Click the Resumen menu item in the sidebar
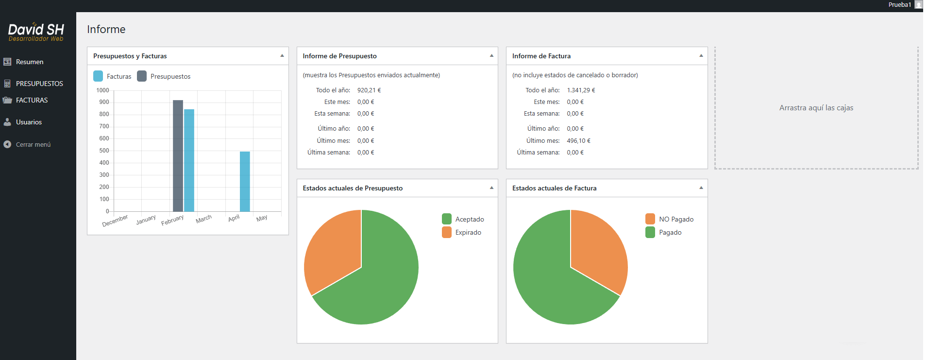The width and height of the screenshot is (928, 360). click(30, 62)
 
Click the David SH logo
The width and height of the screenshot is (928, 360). click(36, 32)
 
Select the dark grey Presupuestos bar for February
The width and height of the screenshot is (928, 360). click(178, 156)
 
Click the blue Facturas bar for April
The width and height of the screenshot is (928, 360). click(245, 182)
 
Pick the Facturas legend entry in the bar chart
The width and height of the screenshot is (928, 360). click(112, 76)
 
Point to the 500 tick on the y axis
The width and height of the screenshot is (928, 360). click(104, 151)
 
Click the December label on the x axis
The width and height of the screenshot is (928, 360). click(115, 221)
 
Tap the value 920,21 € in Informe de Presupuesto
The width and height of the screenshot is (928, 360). click(369, 90)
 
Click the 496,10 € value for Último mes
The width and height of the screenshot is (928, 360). click(578, 140)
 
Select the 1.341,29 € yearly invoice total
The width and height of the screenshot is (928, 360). click(581, 90)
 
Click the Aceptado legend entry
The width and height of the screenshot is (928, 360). click(463, 219)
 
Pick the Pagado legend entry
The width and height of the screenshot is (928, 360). click(663, 232)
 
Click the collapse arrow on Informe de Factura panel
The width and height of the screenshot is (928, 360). click(701, 56)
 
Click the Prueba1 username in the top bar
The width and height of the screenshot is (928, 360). click(899, 5)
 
